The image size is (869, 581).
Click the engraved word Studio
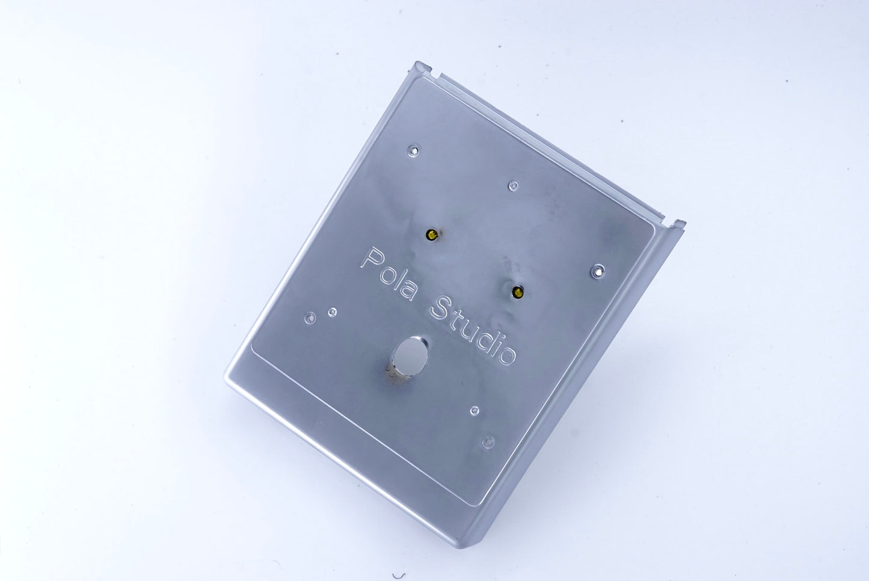point(473,330)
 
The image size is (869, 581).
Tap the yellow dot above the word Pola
point(431,234)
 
